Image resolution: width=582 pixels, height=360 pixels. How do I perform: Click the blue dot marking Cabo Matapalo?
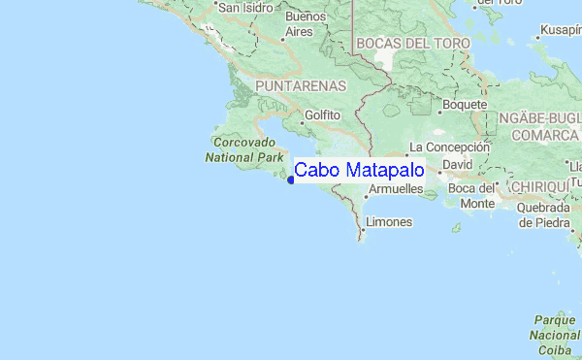[291, 178]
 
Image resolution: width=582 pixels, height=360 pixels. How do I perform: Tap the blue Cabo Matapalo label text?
[359, 171]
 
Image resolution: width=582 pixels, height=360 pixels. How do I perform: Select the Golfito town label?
[323, 115]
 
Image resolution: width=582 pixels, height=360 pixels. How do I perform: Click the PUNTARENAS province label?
[301, 86]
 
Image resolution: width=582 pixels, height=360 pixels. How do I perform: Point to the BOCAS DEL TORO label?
[413, 44]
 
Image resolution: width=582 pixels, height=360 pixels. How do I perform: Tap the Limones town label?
[390, 222]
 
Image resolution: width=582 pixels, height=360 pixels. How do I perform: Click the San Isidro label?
[246, 8]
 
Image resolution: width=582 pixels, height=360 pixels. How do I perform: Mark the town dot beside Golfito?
[300, 115]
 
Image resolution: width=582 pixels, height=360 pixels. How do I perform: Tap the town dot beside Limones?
[365, 222]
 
